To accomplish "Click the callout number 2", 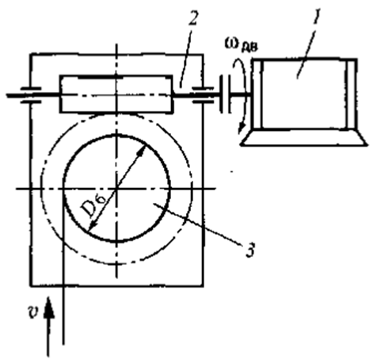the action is pos(192,17).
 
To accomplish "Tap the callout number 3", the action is pos(249,249).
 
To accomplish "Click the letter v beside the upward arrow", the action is pos(32,312).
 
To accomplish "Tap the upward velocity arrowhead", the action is pos(48,307).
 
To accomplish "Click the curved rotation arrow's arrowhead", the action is pos(241,128).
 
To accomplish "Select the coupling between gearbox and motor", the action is pos(225,94).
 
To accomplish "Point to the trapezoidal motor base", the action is pos(303,137).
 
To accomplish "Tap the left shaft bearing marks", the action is pos(31,94).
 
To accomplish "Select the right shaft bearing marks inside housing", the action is pos(203,94).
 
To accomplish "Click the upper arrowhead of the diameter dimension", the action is pos(143,150).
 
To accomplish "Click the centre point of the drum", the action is pos(116,189).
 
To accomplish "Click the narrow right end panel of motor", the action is pos(351,94).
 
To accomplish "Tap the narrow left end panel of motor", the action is pos(258,94).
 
